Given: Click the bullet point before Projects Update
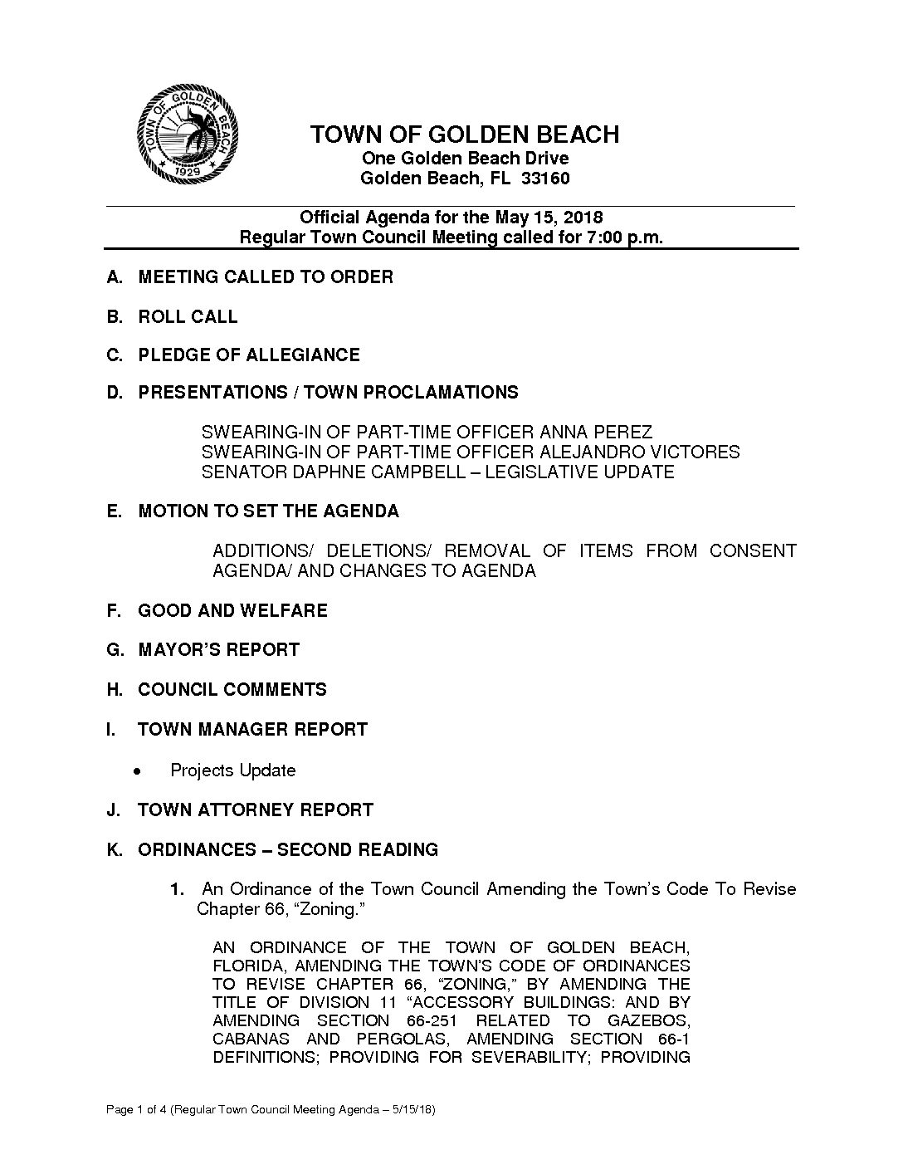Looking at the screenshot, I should (135, 771).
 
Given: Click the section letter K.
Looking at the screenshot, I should (114, 849).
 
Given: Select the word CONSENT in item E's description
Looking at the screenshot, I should (752, 550).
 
